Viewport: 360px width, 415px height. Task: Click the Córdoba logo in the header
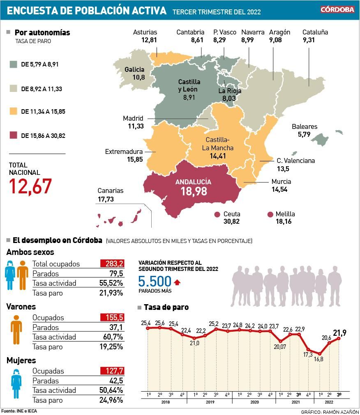(x=337, y=9)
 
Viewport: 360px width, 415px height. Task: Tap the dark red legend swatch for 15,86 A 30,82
(x=14, y=135)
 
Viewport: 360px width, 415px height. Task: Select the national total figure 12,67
(x=30, y=186)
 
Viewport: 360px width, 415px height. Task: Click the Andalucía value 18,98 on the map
(x=193, y=191)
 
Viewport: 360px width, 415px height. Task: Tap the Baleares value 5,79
(x=305, y=134)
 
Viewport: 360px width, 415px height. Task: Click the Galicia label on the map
(x=134, y=69)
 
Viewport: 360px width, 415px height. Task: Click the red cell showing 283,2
(x=112, y=264)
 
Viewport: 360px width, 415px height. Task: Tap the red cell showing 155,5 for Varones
(x=112, y=317)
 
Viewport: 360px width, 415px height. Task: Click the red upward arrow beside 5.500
(x=177, y=282)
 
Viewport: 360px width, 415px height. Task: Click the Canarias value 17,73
(x=106, y=199)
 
